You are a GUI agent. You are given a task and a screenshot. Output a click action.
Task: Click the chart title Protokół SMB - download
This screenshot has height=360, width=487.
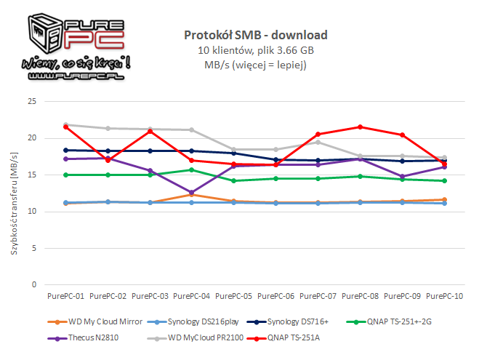coord(255,35)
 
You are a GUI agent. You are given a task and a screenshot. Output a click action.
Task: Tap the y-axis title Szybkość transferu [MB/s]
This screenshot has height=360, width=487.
coord(15,195)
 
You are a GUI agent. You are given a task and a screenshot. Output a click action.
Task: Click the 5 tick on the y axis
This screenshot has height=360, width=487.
coord(31,248)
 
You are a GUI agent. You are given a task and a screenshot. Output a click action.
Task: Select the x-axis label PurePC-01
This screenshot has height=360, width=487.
coord(65,296)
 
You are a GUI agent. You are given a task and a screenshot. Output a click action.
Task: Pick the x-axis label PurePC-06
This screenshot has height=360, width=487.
coord(276,296)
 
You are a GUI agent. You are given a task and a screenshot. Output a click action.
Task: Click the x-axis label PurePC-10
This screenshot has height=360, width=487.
coord(445,296)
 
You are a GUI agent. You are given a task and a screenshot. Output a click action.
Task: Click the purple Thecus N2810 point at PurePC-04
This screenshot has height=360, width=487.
coord(192,193)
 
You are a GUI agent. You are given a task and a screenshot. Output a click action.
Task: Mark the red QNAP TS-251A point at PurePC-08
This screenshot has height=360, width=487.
coord(361,127)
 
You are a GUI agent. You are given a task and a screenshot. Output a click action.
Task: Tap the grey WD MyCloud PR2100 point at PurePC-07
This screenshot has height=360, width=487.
coord(318,142)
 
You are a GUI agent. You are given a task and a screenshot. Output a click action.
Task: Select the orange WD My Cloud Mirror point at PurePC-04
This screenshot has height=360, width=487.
coord(192,194)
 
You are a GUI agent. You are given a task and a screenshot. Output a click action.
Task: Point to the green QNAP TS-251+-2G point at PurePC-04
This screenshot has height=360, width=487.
coord(192,169)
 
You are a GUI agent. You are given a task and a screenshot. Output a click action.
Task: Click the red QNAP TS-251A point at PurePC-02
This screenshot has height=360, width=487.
coord(108,160)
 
